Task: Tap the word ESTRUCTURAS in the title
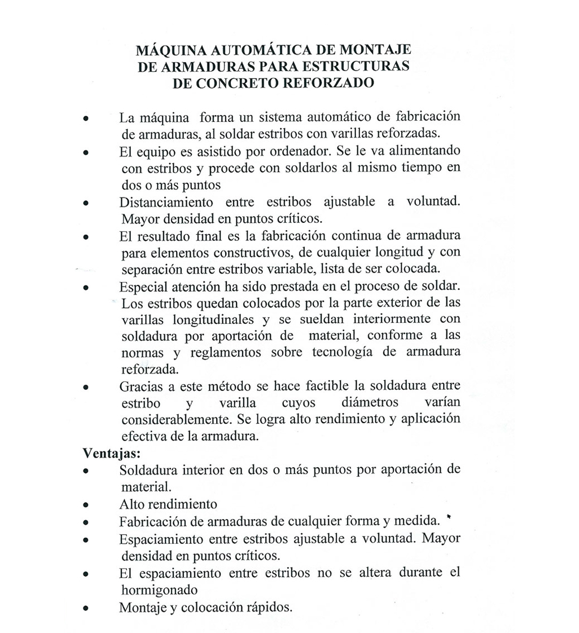tap(356, 66)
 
